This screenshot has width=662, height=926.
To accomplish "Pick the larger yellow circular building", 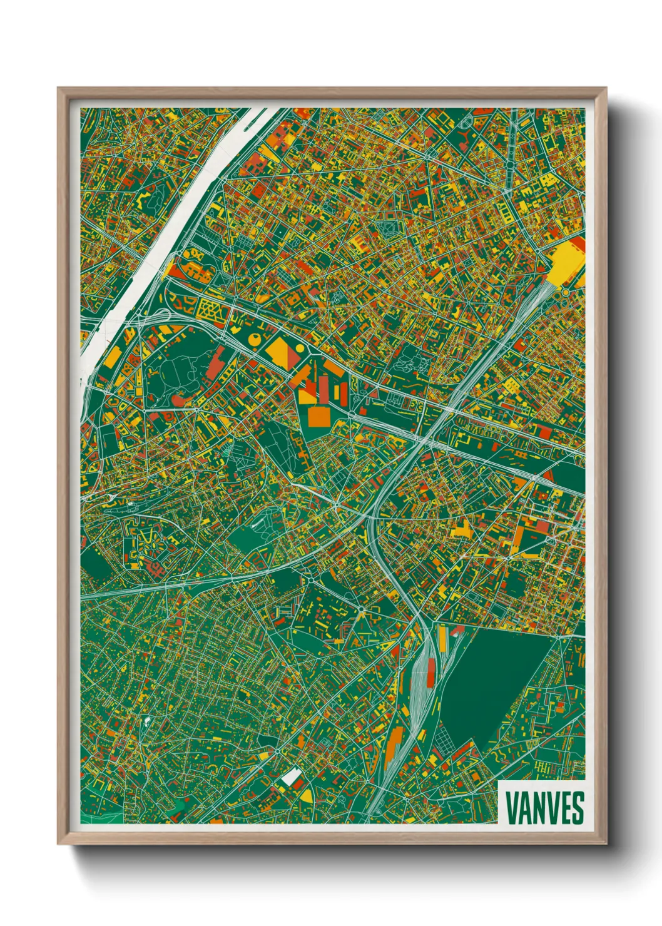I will [255, 339].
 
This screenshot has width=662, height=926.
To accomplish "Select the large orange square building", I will [317, 416].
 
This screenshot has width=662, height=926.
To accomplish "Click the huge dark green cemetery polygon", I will [494, 682].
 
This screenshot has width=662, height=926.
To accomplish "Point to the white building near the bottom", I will [291, 777].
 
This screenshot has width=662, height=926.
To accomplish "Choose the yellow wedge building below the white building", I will [305, 795].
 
